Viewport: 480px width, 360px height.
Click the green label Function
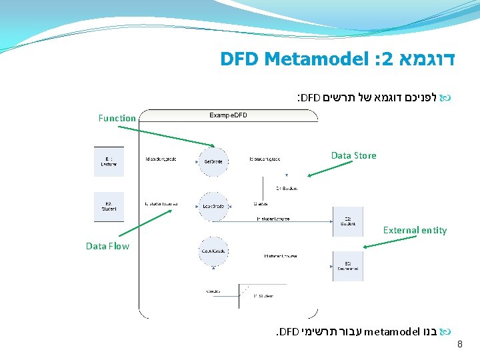pos(117,118)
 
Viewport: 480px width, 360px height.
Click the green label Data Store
pos(353,155)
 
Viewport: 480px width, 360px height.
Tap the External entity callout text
pos(415,230)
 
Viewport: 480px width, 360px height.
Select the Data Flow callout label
pos(107,246)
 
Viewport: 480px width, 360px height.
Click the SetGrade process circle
pos(213,161)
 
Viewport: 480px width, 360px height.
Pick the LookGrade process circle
pos(213,205)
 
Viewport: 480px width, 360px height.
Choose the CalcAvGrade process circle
pos(213,250)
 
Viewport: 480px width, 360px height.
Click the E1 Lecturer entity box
pos(109,161)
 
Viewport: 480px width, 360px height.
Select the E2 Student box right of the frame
pos(348,221)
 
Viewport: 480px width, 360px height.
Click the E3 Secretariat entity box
pos(348,265)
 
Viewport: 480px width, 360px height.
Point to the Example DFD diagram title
pos(228,115)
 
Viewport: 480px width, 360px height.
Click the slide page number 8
pos(459,345)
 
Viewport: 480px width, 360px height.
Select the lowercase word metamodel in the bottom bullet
pos(392,331)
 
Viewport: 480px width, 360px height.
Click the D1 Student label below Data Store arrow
pos(286,189)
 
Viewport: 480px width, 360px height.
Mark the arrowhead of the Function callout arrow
pos(213,146)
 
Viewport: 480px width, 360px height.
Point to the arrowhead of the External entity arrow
pos(366,247)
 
